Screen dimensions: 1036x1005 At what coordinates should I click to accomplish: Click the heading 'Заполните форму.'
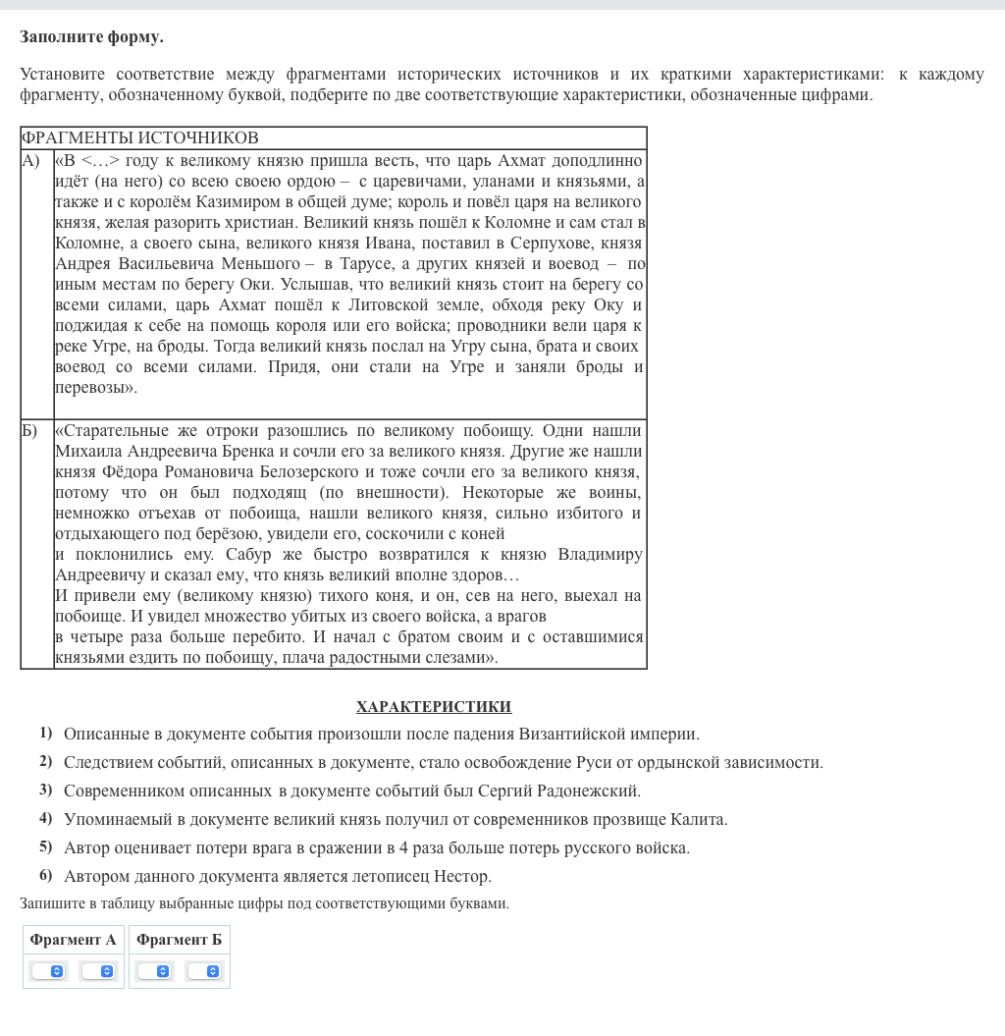(91, 37)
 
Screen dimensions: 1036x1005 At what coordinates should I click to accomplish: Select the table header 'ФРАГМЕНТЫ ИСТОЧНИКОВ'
(140, 137)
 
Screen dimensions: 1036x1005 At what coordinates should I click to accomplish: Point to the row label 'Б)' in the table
(30, 431)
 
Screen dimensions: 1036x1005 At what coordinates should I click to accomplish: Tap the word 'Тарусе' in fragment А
(368, 264)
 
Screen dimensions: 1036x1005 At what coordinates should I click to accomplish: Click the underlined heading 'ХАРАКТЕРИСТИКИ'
(434, 707)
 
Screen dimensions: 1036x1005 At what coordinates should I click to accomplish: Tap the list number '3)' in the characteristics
(46, 790)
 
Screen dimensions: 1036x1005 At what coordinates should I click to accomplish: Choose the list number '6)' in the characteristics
(46, 875)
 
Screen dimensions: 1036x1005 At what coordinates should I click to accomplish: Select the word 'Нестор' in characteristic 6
(461, 876)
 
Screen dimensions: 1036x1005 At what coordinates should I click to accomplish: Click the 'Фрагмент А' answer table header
(74, 940)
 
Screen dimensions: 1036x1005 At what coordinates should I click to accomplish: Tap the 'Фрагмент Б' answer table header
(180, 940)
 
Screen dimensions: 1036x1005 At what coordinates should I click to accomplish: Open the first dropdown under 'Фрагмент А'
(48, 971)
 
